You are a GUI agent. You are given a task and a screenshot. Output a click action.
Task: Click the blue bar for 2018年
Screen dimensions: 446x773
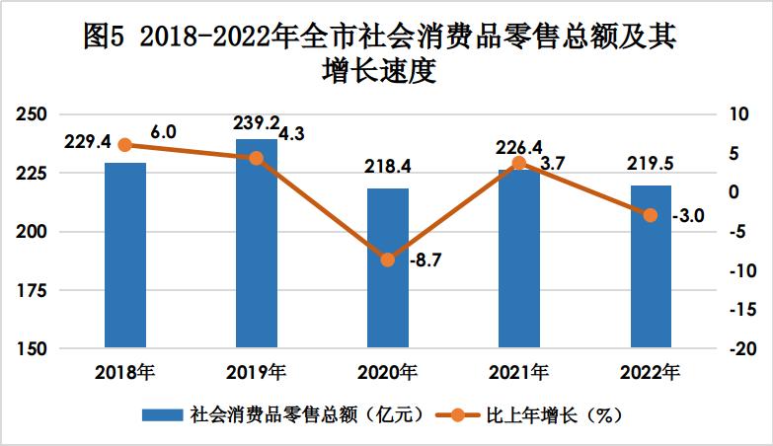pyautogui.click(x=125, y=256)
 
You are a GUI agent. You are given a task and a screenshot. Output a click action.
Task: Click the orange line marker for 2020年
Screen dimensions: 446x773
pyautogui.click(x=388, y=260)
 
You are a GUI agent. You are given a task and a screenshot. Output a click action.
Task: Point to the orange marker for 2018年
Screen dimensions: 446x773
pyautogui.click(x=125, y=145)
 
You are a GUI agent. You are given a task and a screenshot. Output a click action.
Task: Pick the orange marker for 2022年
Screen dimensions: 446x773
pyautogui.click(x=651, y=215)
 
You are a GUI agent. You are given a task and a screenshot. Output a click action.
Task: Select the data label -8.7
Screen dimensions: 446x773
pyautogui.click(x=425, y=260)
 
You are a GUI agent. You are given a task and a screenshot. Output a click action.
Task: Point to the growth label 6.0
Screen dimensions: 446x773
pyautogui.click(x=163, y=131)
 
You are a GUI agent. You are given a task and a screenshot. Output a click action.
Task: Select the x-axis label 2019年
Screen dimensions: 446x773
pyautogui.click(x=257, y=374)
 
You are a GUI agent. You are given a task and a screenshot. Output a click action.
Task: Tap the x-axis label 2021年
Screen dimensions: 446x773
pyautogui.click(x=519, y=374)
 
